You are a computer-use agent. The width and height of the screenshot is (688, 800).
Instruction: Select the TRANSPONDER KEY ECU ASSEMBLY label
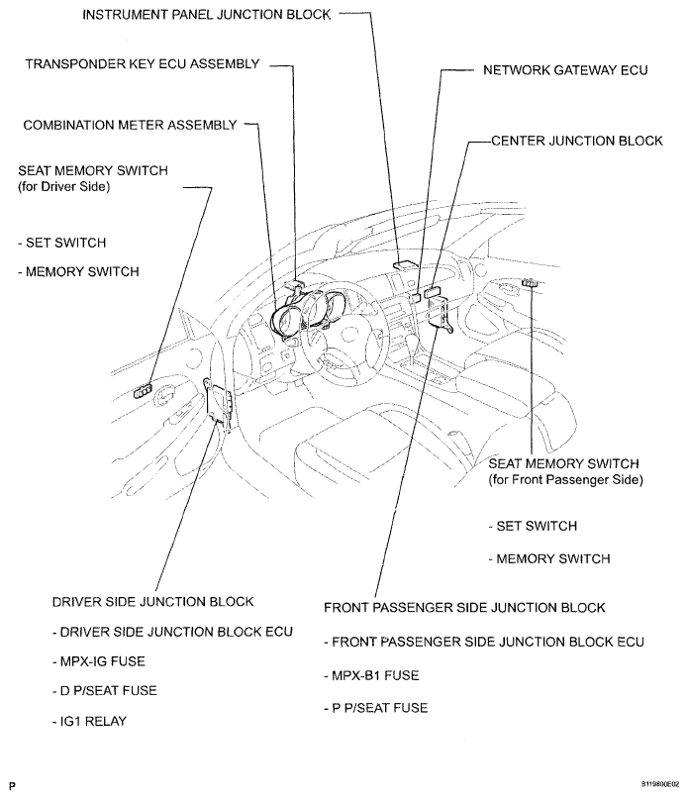pos(143,64)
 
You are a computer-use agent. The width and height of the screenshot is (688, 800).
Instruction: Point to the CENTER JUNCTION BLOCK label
pos(577,142)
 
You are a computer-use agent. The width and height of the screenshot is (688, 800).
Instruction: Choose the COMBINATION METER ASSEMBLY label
pos(131,125)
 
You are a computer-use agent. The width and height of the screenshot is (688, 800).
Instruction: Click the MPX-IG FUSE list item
pos(96,659)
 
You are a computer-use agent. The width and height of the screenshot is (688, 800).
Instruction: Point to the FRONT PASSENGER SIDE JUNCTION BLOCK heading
pos(464,607)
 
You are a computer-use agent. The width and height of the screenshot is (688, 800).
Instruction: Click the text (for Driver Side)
pos(63,187)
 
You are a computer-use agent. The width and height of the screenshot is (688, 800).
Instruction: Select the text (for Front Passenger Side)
pos(565,480)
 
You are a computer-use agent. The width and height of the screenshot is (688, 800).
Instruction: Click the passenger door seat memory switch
pos(531,284)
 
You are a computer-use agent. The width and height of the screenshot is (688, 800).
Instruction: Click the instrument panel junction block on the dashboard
pos(404,264)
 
